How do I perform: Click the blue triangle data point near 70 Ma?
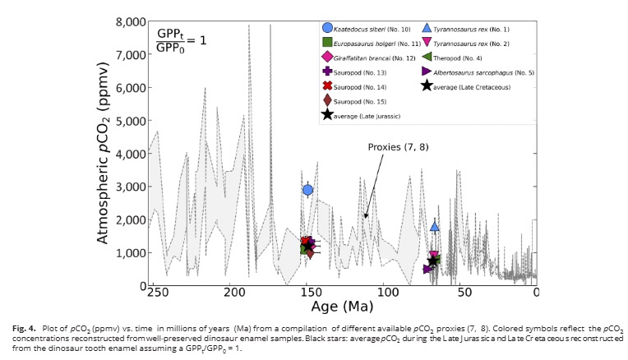coord(435,226)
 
